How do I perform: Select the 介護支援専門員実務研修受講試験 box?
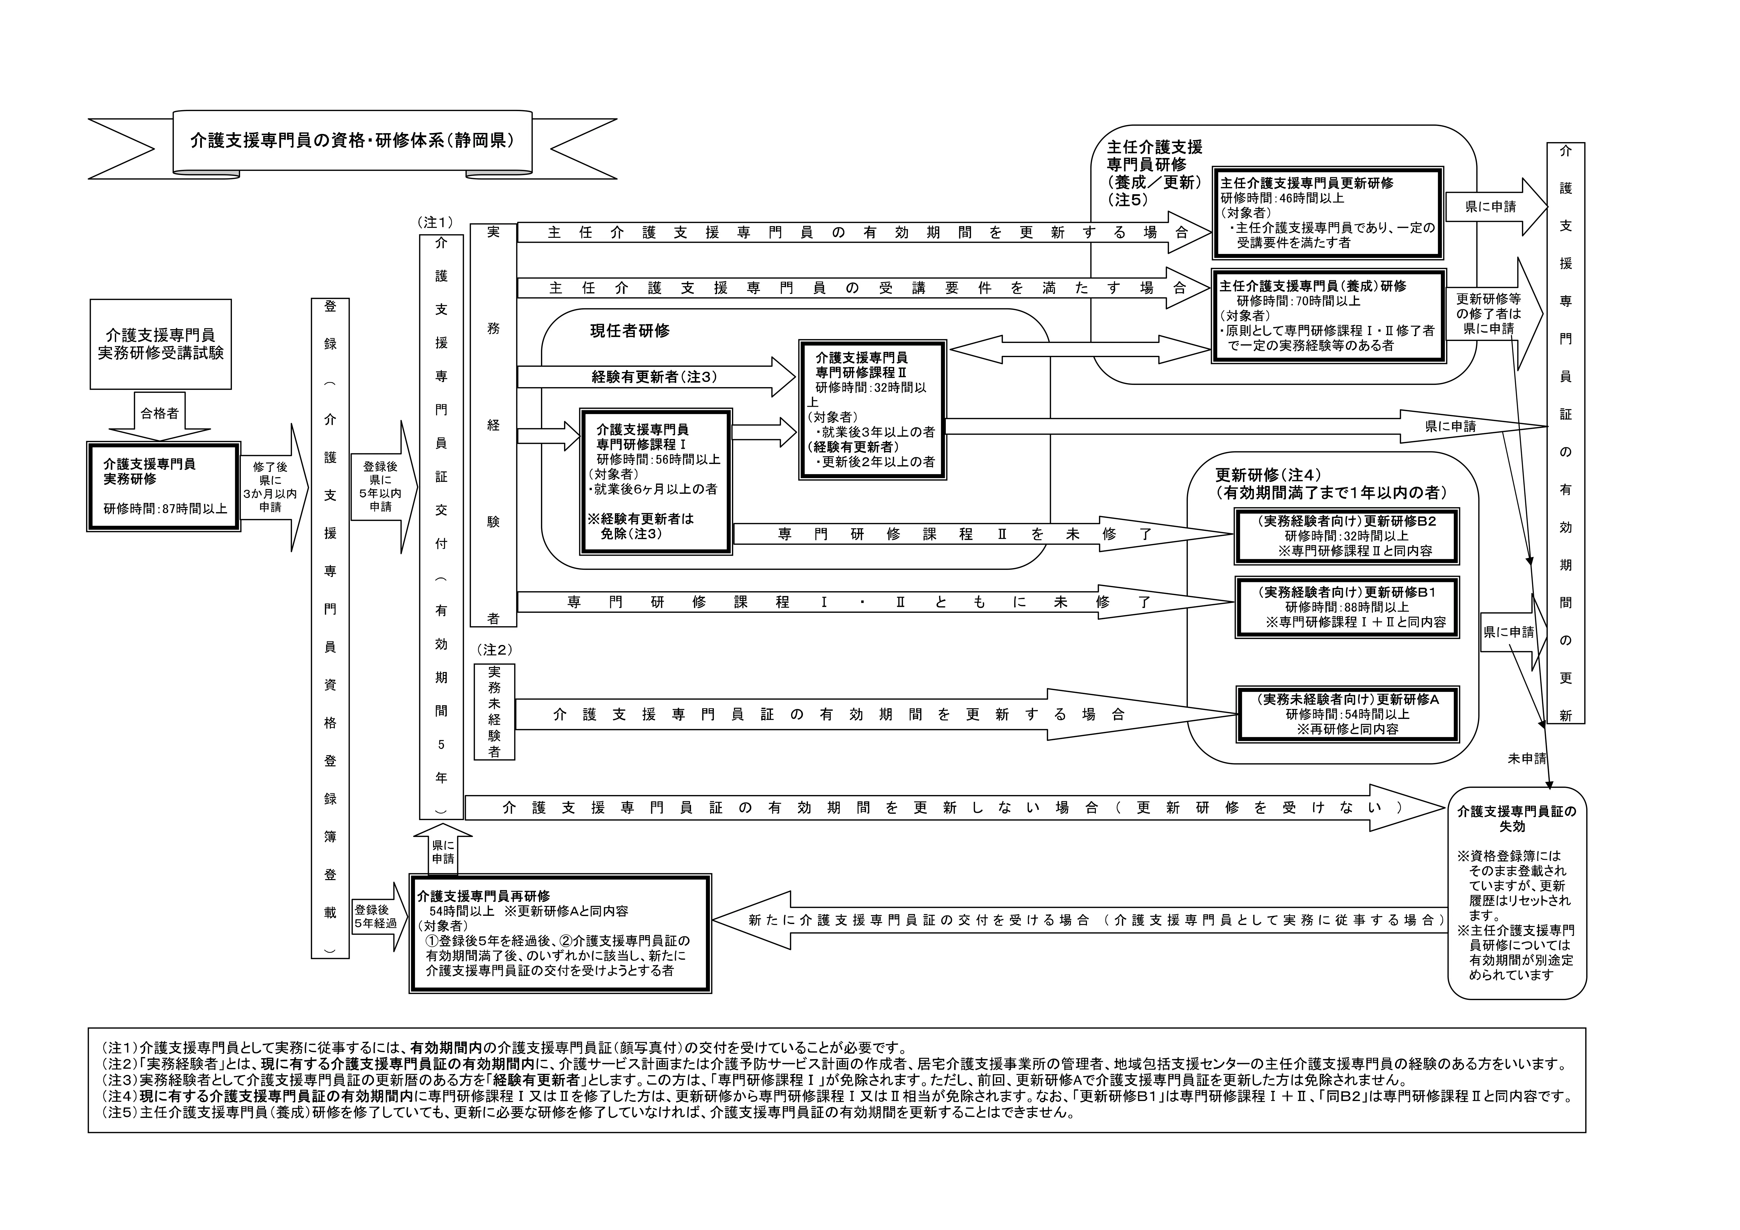tap(161, 344)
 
